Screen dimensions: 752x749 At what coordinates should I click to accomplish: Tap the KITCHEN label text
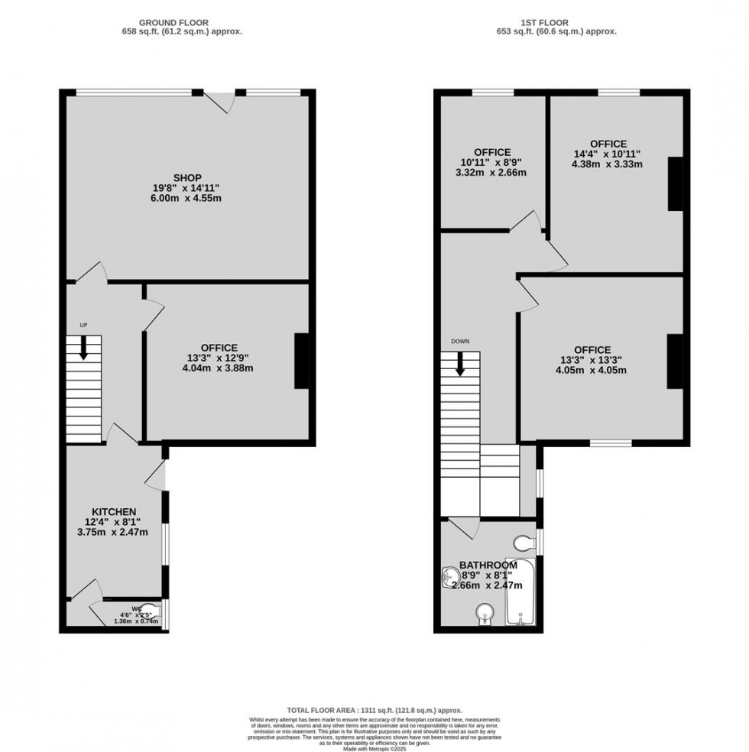[115, 511]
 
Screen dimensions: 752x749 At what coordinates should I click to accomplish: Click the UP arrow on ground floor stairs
[83, 348]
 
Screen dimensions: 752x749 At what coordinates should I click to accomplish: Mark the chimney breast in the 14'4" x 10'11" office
[676, 183]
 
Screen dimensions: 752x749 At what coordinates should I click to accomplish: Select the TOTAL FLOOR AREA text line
[374, 710]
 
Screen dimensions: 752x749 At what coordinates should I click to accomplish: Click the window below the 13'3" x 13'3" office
[611, 442]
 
